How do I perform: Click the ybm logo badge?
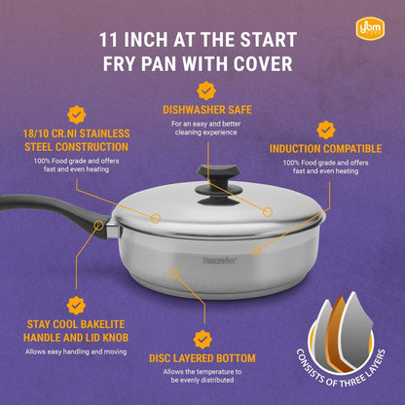click(370, 28)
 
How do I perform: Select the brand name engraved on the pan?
click(220, 260)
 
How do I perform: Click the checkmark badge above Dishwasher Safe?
click(206, 91)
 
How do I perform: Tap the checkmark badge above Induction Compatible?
click(326, 130)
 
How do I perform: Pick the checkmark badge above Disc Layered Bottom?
click(202, 340)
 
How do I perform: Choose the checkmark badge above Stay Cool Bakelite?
click(76, 306)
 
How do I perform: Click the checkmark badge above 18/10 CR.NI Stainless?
click(77, 115)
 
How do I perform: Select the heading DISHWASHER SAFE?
click(207, 110)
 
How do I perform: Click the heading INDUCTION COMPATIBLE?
click(325, 149)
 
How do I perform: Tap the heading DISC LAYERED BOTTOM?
click(202, 358)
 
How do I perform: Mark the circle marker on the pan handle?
click(98, 225)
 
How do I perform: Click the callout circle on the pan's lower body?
click(174, 274)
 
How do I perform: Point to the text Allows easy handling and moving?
click(76, 351)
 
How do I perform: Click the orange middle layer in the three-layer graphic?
click(338, 334)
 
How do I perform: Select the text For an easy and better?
click(206, 124)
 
